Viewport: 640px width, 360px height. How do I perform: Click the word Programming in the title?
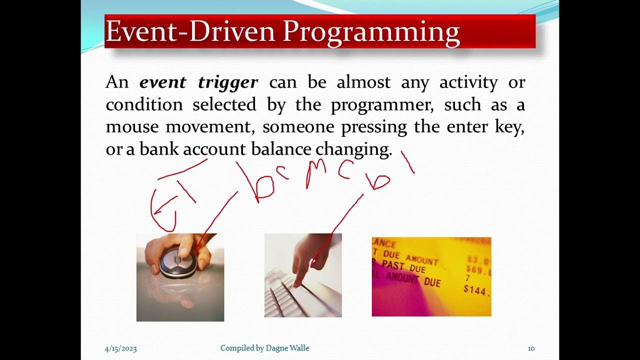click(371, 32)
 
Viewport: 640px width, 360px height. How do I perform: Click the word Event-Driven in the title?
click(190, 32)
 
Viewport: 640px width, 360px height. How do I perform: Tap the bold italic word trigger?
click(228, 82)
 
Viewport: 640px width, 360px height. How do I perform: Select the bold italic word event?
click(163, 82)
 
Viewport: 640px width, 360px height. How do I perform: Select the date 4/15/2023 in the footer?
click(120, 348)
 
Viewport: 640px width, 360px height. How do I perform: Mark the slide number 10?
click(531, 348)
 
